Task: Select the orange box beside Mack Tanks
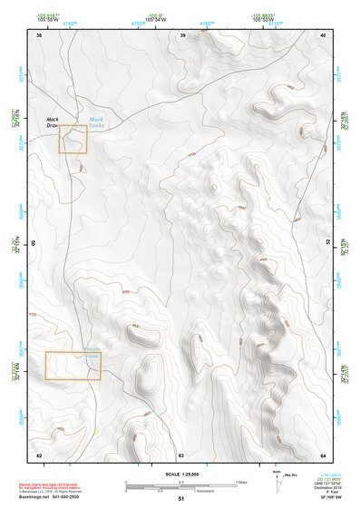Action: pos(73,140)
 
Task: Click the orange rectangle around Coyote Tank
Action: pos(73,365)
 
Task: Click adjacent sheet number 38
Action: pos(39,35)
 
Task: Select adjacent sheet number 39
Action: pos(183,35)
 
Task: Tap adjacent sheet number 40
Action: pos(324,35)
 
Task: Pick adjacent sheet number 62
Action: pos(39,454)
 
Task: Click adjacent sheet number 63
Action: pos(181,454)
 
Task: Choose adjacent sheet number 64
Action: pos(324,454)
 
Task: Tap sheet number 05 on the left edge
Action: pos(34,243)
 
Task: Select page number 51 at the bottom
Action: pos(181,499)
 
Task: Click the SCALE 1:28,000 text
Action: pos(181,475)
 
